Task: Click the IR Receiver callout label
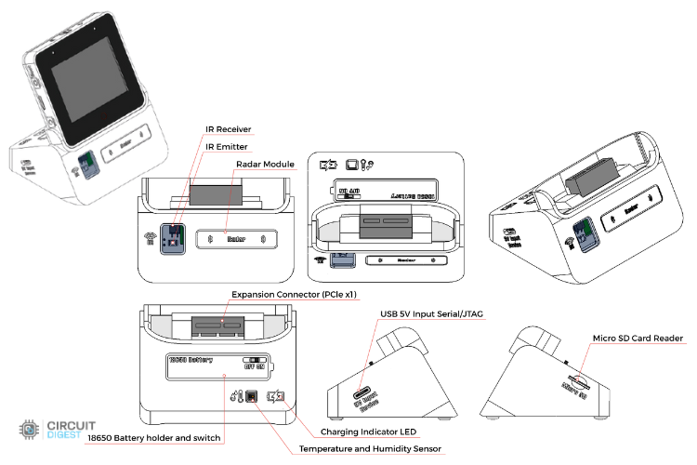click(x=228, y=129)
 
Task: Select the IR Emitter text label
click(x=226, y=146)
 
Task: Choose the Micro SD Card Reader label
click(x=638, y=338)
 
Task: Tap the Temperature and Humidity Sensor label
click(x=371, y=449)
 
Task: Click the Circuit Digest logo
click(x=55, y=430)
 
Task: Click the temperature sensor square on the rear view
click(x=250, y=397)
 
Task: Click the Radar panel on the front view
click(x=236, y=240)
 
